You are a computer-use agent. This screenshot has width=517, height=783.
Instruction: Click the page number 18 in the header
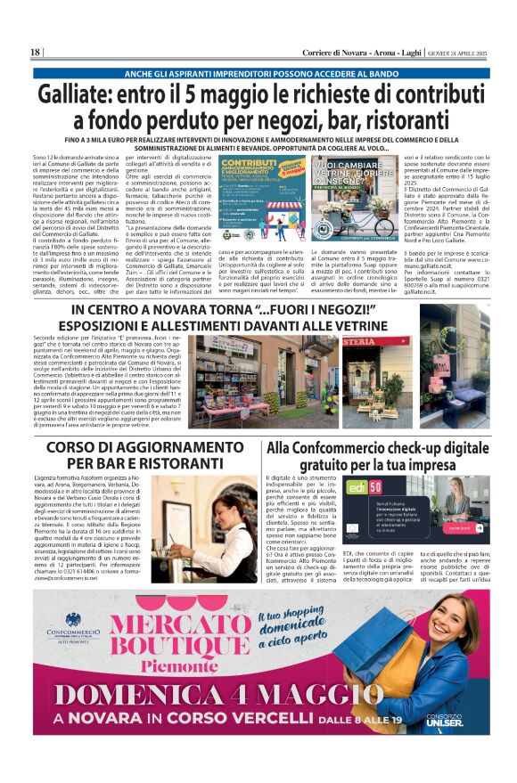[35, 53]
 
